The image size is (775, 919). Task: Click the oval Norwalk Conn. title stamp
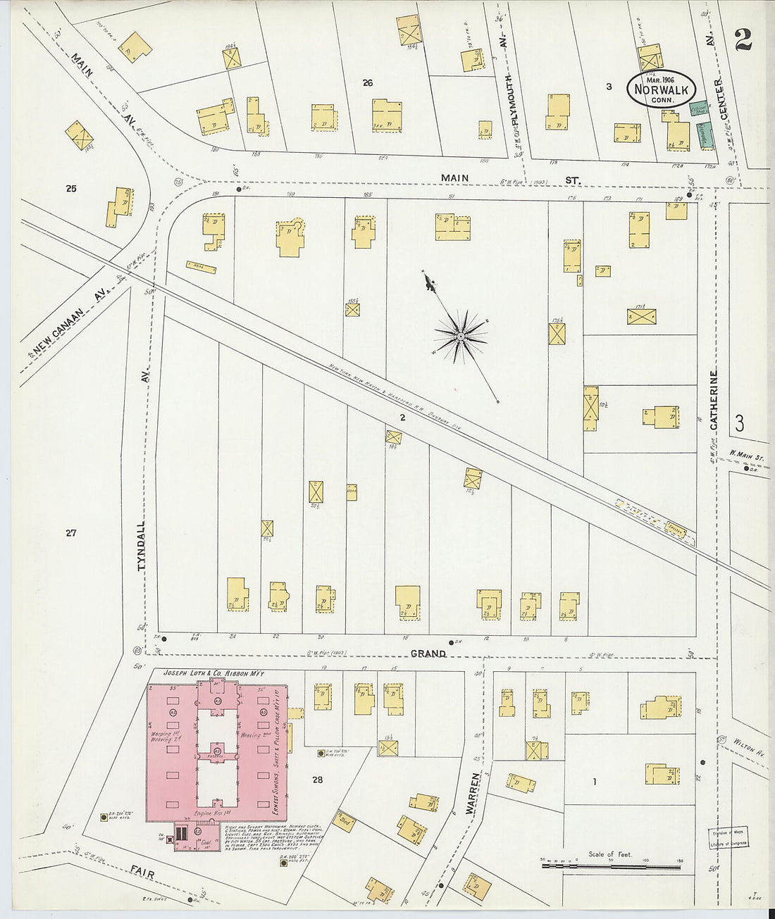coord(661,89)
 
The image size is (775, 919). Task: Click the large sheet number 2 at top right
coord(743,40)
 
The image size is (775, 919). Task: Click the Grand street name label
coord(428,654)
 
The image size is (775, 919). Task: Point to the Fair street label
coord(143,874)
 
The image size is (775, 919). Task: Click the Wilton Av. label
coord(749,747)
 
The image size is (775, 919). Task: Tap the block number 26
coord(367,82)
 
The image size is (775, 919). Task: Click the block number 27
coord(70,533)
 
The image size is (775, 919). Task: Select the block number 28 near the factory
coord(317,780)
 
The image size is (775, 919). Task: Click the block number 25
coord(70,188)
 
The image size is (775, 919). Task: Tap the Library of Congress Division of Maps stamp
coord(728,837)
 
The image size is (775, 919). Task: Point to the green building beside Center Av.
coord(701,134)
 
